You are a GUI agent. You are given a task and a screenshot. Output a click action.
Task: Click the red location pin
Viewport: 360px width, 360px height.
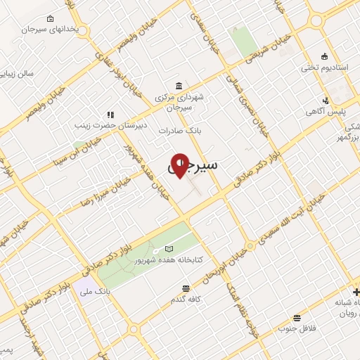[180, 165]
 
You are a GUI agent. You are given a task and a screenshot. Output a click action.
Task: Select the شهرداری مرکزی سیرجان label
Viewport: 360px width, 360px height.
[179, 103]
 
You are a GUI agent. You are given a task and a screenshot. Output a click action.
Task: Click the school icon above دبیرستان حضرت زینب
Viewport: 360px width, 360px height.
[110, 114]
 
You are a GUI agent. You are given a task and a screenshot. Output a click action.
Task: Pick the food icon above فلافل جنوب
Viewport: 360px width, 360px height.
[297, 318]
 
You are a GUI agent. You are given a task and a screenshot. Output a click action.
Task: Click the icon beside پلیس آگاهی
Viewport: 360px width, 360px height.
[326, 101]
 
